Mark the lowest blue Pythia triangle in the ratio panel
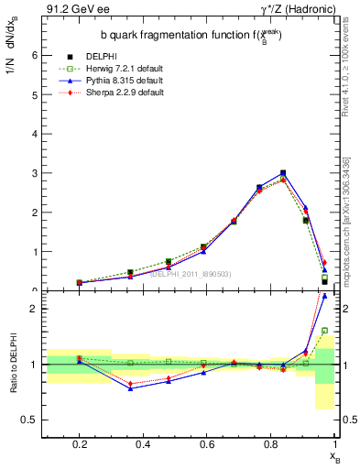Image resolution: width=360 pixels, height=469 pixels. pyautogui.click(x=131, y=388)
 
